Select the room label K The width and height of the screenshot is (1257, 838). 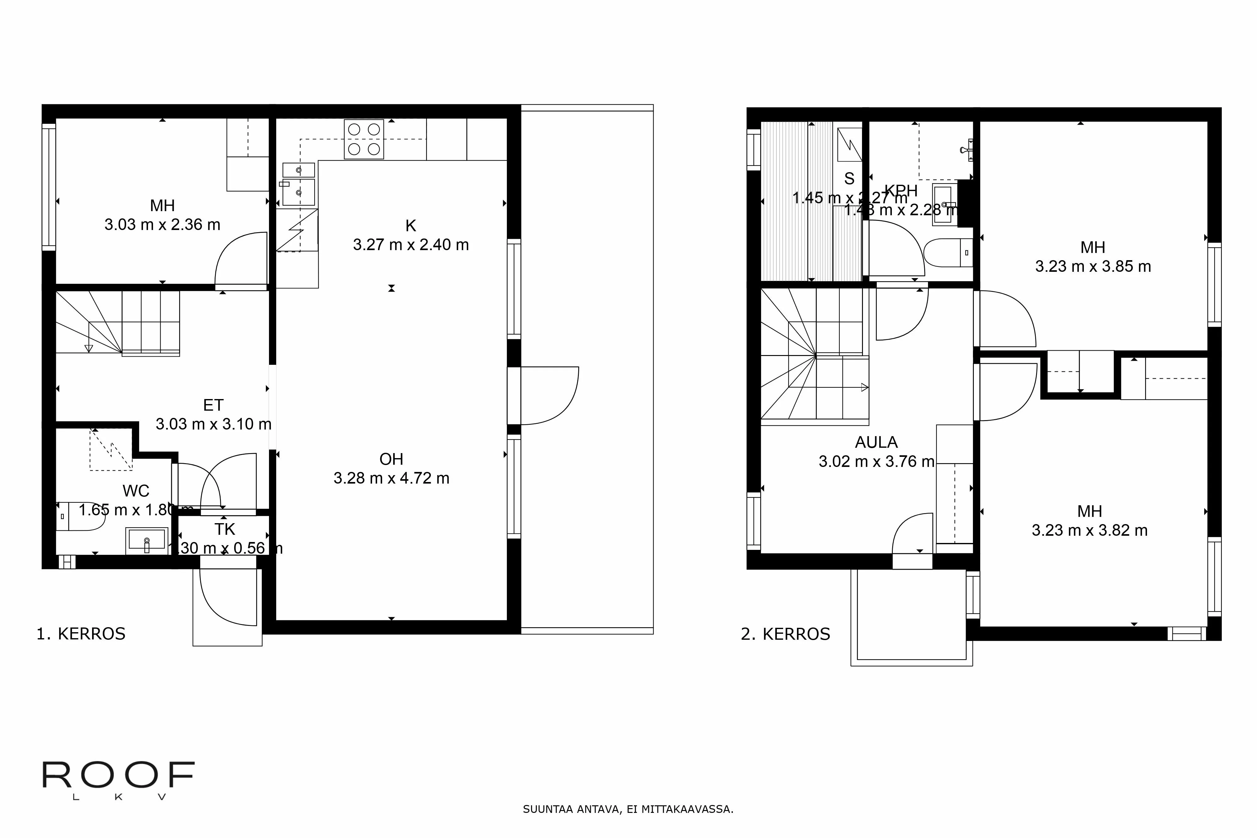point(410,226)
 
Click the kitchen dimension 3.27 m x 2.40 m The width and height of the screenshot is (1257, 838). point(410,245)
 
